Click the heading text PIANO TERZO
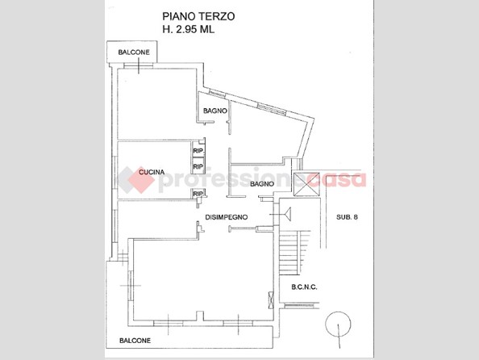pyautogui.click(x=198, y=16)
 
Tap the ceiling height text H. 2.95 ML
pyautogui.click(x=189, y=29)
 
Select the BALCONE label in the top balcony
pyautogui.click(x=134, y=52)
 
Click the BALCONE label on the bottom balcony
pyautogui.click(x=135, y=341)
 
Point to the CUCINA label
pyautogui.click(x=152, y=172)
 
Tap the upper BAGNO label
pyautogui.click(x=215, y=111)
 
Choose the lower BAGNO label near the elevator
pyautogui.click(x=262, y=184)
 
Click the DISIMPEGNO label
pyautogui.click(x=227, y=217)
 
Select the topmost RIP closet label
pyautogui.click(x=198, y=151)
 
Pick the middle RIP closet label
pyautogui.click(x=198, y=167)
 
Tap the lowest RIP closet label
pyautogui.click(x=198, y=194)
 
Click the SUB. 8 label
pyautogui.click(x=347, y=217)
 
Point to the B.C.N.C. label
pyautogui.click(x=304, y=287)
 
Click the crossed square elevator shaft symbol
pyautogui.click(x=306, y=184)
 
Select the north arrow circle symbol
pyautogui.click(x=338, y=324)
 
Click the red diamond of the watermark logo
pyautogui.click(x=140, y=180)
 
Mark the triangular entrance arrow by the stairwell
pyautogui.click(x=287, y=214)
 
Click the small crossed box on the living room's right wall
pyautogui.click(x=271, y=299)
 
